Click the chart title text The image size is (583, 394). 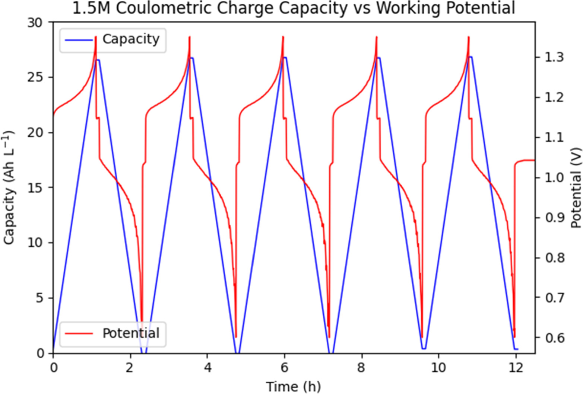pos(294,8)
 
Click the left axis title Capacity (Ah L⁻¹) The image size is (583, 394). pos(9,187)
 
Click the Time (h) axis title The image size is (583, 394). pos(293,387)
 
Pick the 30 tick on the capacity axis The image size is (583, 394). pos(35,23)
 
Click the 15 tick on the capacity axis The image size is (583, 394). pos(35,188)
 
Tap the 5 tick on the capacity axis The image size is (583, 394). pos(39,298)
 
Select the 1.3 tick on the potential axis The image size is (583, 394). pos(554,57)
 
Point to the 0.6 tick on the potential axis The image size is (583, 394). pos(554,338)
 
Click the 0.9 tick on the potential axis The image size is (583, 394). pos(554,218)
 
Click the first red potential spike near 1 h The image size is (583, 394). pos(96,37)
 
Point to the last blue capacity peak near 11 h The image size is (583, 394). pos(470,57)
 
